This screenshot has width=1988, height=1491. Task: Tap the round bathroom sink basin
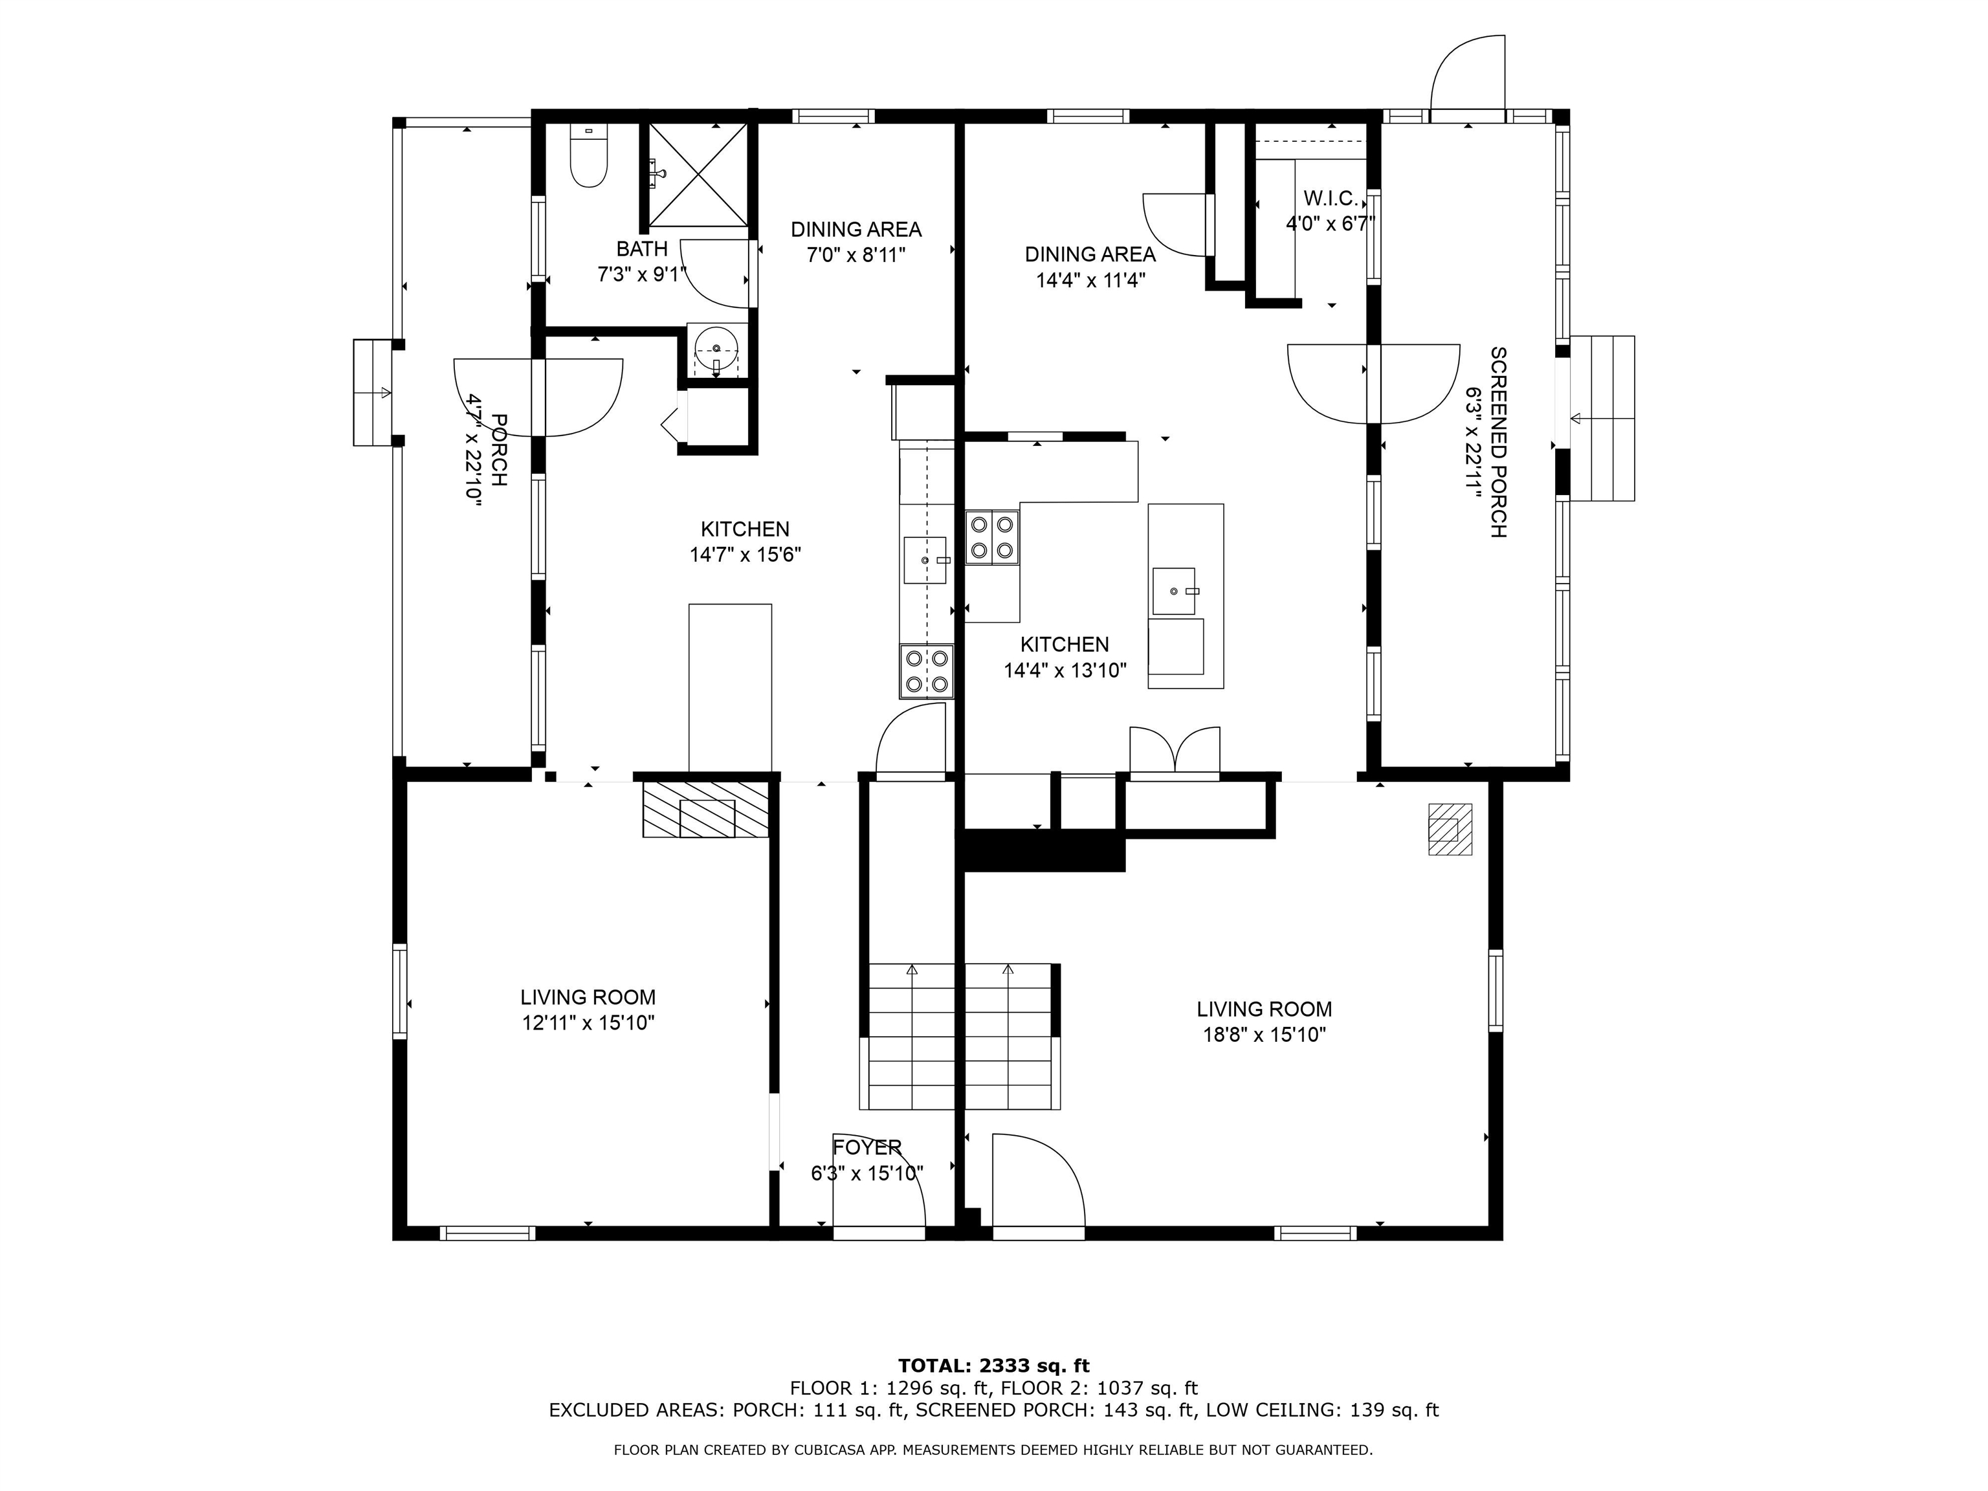tap(716, 348)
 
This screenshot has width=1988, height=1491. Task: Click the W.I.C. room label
tap(1330, 199)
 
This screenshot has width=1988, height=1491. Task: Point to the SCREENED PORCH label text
tap(1498, 442)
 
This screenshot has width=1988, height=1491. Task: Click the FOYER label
tap(867, 1147)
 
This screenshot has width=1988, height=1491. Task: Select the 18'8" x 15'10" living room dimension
tap(1265, 1034)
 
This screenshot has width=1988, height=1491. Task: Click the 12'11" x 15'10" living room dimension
tap(588, 1022)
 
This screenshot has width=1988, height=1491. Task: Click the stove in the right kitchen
tap(992, 537)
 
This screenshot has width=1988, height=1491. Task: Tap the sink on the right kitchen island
tap(1174, 590)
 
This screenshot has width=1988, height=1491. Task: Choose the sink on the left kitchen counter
tap(925, 560)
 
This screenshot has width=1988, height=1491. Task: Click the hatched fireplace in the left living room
tap(705, 810)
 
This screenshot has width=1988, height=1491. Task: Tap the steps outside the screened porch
tap(1602, 418)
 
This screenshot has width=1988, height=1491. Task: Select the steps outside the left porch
tap(373, 393)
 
